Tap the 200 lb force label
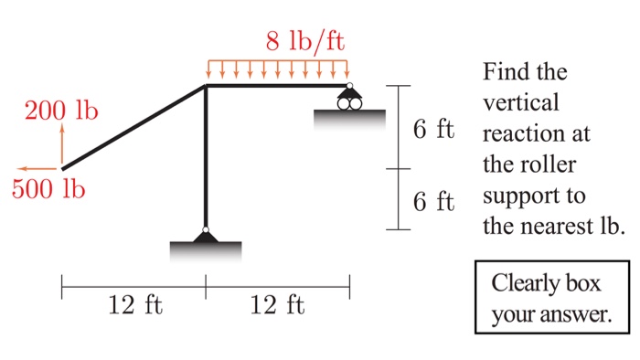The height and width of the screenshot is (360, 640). (x=62, y=112)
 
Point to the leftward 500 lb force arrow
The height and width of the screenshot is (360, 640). (x=38, y=169)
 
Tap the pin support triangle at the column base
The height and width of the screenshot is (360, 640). (x=206, y=237)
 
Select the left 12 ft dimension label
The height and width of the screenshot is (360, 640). (x=134, y=304)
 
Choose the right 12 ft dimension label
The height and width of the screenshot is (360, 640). (x=277, y=304)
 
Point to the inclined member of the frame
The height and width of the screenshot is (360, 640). (x=133, y=127)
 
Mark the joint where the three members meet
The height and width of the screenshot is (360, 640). (x=206, y=86)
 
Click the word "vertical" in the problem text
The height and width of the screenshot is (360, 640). (x=520, y=103)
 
